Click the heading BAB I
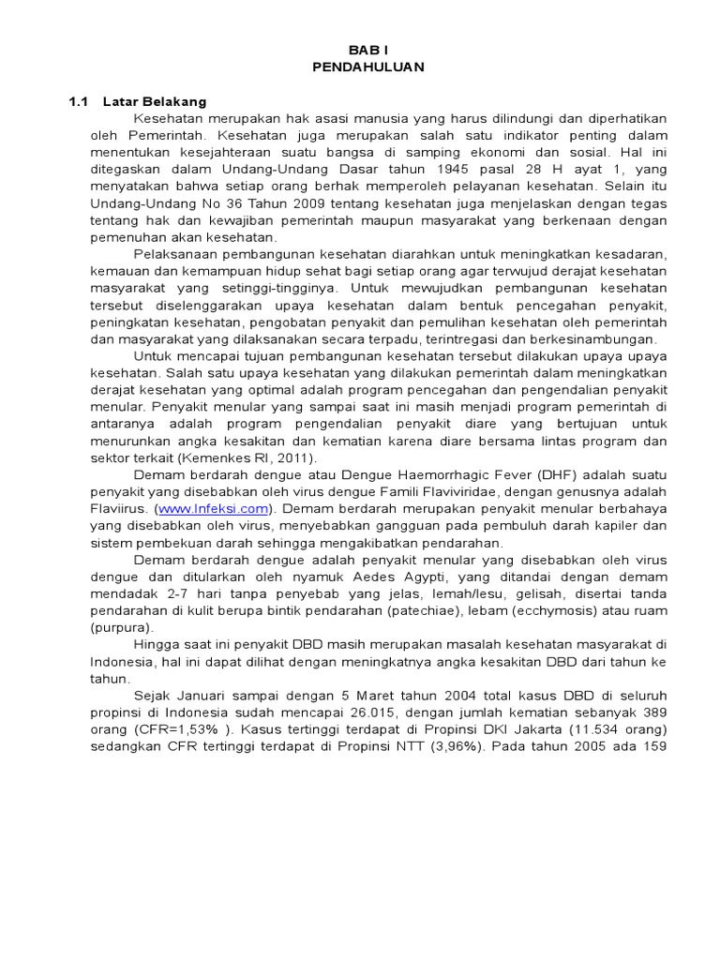point(367,50)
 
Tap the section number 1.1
point(78,101)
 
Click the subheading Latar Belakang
point(155,101)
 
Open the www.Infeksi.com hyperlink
point(214,508)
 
